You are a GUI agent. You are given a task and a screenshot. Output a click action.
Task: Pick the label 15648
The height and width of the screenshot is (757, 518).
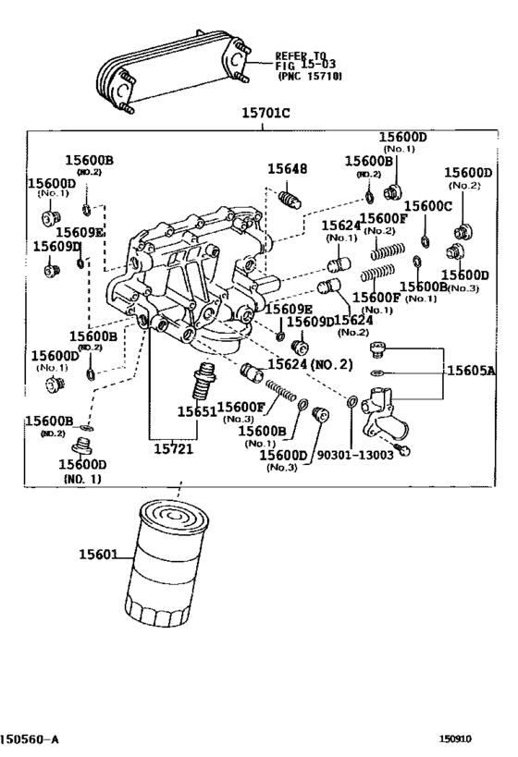(287, 169)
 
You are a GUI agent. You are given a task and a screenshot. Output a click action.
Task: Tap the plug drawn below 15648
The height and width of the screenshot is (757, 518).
(290, 199)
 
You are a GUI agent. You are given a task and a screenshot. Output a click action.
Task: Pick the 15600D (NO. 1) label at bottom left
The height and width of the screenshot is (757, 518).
(82, 470)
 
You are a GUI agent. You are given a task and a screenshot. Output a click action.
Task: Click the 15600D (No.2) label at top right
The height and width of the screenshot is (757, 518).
(467, 178)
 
